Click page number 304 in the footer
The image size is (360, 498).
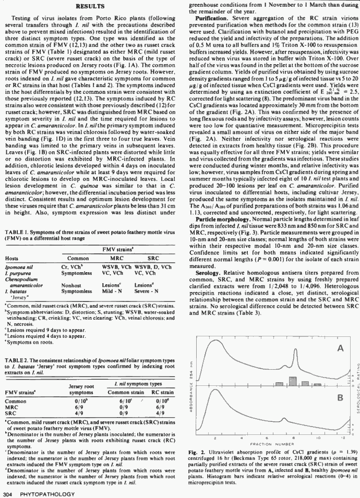[8, 493]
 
